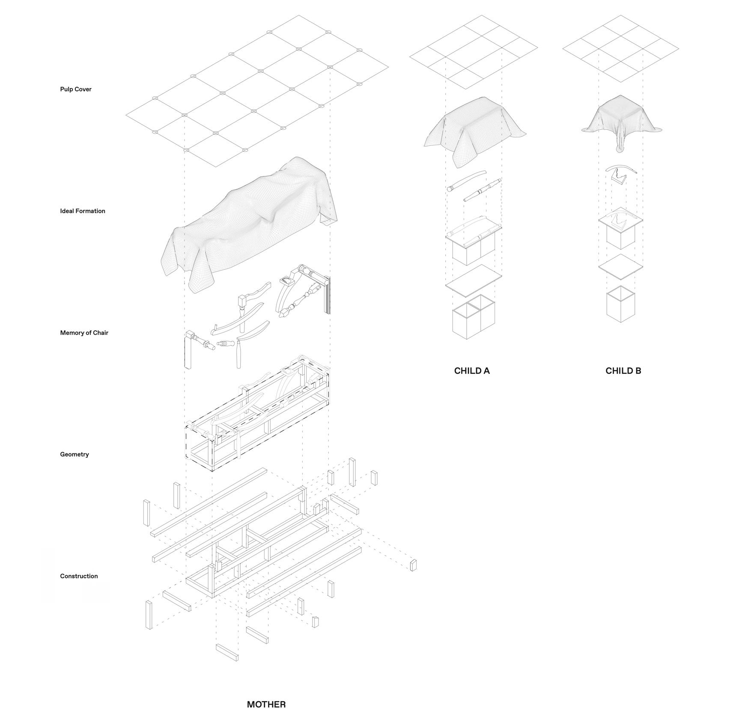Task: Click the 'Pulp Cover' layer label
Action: pyautogui.click(x=76, y=89)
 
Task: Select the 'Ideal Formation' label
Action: pyautogui.click(x=83, y=211)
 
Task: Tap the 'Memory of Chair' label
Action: pyautogui.click(x=84, y=333)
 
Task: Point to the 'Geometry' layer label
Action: pyautogui.click(x=74, y=454)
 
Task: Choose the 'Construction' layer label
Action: pyautogui.click(x=79, y=576)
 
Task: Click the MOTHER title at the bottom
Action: pyautogui.click(x=266, y=704)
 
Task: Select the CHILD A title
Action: pyautogui.click(x=472, y=371)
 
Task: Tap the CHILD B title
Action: pyautogui.click(x=623, y=371)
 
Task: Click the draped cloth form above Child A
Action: pyautogui.click(x=473, y=128)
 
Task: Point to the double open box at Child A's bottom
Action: pyautogui.click(x=473, y=319)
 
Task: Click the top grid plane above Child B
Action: pyautogui.click(x=620, y=48)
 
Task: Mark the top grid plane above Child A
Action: pyautogui.click(x=473, y=51)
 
